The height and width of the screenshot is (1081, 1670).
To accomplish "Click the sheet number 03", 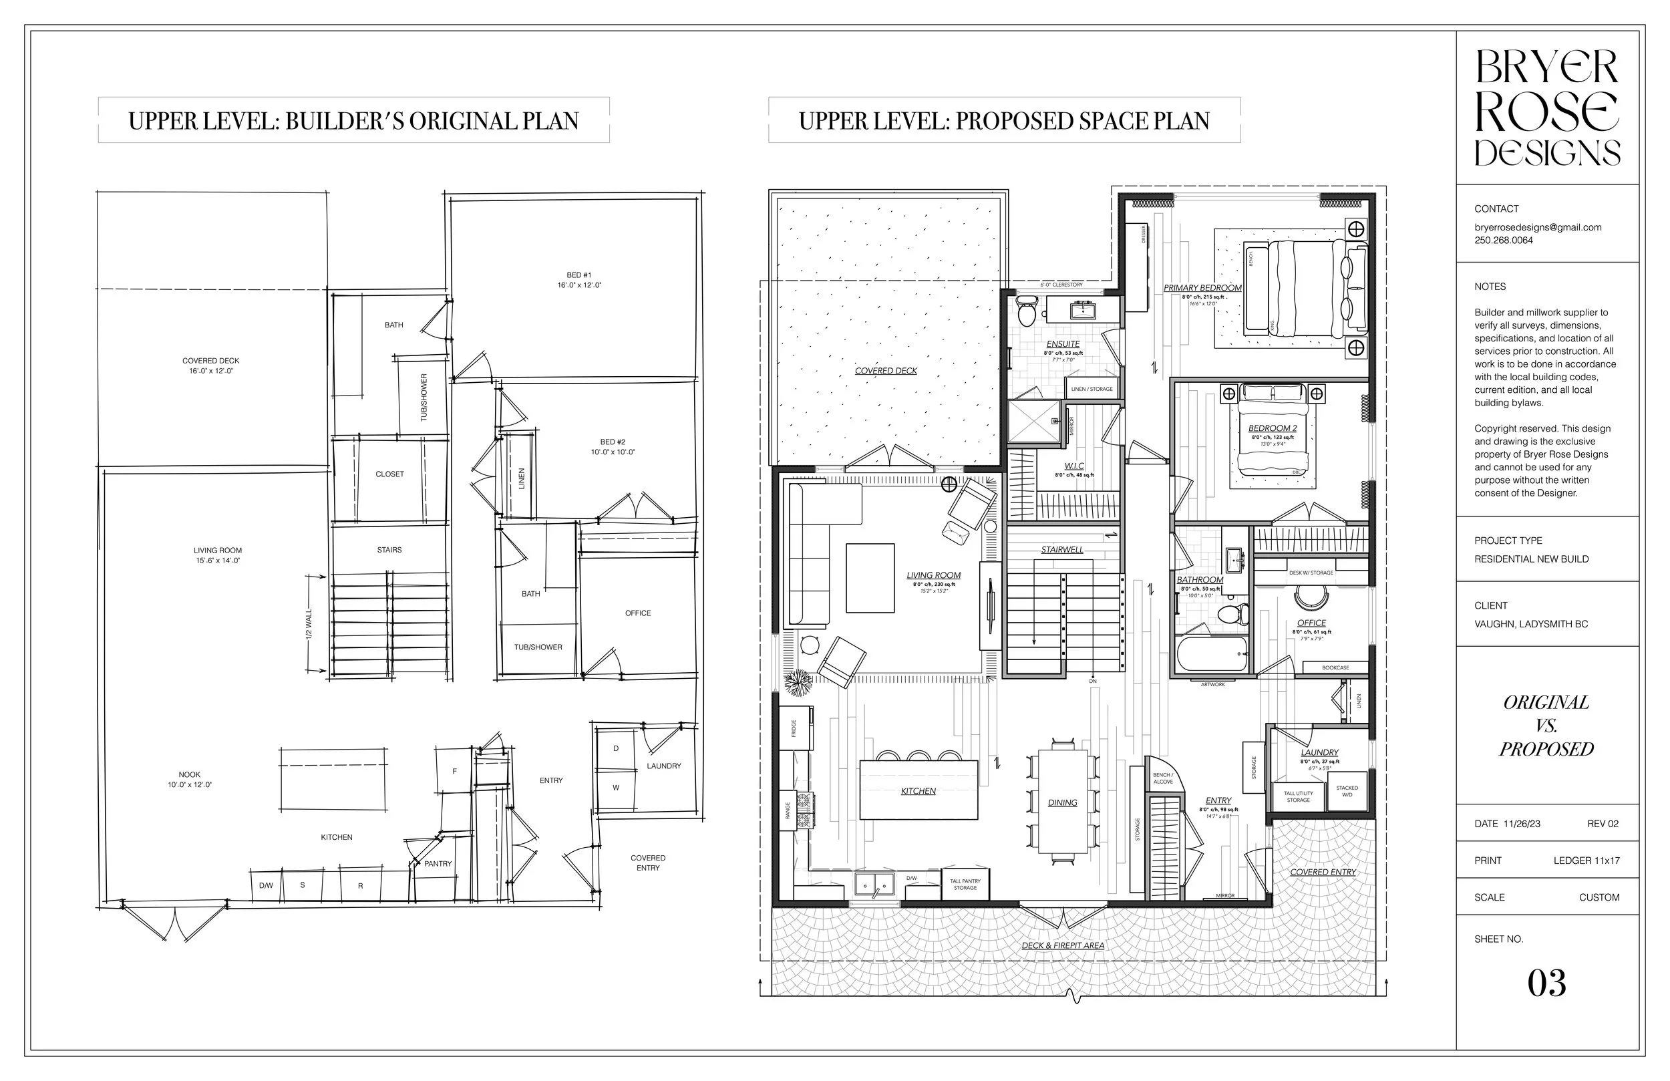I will tap(1546, 983).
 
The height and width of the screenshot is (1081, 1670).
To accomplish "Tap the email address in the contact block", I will tap(1537, 227).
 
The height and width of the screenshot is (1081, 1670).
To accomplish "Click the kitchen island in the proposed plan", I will tap(918, 790).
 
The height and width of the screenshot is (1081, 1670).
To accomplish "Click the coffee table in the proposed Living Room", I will tap(870, 578).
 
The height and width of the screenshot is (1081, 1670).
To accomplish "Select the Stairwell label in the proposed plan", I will tap(1061, 550).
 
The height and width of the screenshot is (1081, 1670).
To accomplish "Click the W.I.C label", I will tap(1073, 466).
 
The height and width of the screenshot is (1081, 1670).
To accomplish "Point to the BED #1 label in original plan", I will tap(579, 275).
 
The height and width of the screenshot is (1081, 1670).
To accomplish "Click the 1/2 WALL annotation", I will tap(309, 623).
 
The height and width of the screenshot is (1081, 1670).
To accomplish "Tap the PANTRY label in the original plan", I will tap(438, 864).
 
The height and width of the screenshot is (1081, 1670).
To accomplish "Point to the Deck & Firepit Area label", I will tap(1062, 945).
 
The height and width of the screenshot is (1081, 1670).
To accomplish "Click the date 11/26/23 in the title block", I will tap(1522, 824).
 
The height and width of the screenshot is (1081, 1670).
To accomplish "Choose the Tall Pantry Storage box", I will tap(965, 885).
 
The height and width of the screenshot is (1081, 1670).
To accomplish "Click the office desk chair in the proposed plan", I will tap(1310, 597).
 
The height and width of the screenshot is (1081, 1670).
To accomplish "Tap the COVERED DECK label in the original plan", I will tap(210, 361).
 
